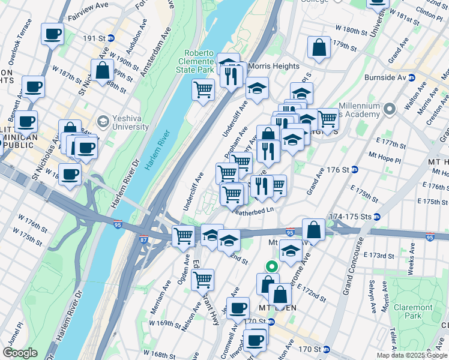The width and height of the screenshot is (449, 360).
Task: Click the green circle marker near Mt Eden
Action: tap(271, 267)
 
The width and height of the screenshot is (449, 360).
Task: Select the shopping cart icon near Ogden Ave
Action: tap(183, 235)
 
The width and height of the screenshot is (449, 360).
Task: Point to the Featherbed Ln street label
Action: tap(253, 211)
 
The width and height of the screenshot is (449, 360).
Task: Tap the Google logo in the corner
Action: tap(19, 353)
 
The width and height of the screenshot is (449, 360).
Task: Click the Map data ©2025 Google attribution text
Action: tap(411, 355)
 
